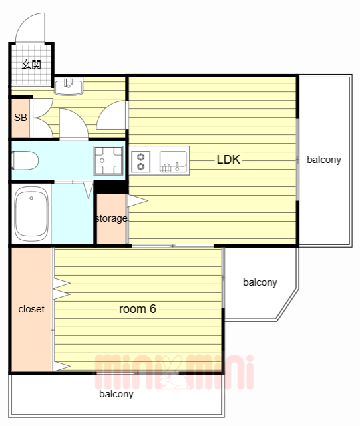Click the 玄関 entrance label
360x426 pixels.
[31, 65]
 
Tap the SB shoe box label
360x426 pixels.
[21, 118]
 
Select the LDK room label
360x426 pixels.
[228, 160]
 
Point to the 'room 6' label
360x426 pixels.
[138, 309]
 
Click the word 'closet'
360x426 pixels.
[31, 309]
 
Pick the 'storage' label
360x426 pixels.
[112, 218]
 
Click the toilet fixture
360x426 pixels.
[25, 160]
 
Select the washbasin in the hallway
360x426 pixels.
[69, 86]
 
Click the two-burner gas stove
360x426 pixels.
[140, 162]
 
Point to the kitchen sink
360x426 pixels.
[173, 162]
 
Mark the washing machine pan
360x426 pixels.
[108, 160]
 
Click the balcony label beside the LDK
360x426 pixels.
[324, 160]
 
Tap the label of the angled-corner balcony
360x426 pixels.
[260, 282]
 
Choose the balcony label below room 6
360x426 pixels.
[116, 394]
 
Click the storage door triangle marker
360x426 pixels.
[137, 201]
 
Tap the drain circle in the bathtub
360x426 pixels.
[31, 198]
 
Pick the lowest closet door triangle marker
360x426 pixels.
[61, 367]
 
